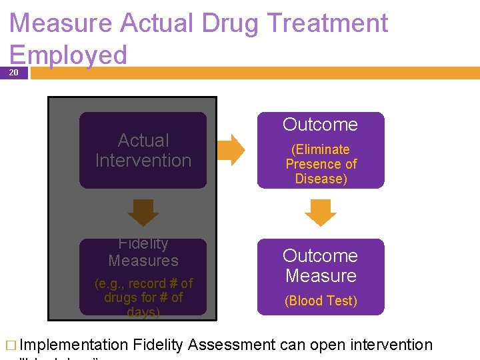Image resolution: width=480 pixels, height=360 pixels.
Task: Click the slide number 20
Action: pyautogui.click(x=14, y=73)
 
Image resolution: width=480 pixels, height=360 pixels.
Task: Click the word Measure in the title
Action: pyautogui.click(x=61, y=23)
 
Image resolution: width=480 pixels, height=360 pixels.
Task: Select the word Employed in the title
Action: pyautogui.click(x=69, y=55)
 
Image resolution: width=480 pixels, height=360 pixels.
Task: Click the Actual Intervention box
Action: pyautogui.click(x=143, y=151)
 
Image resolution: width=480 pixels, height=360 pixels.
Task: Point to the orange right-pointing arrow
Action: pyautogui.click(x=232, y=150)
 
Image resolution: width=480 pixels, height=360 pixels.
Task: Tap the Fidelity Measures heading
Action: pyautogui.click(x=143, y=253)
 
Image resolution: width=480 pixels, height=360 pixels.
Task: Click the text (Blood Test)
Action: pyautogui.click(x=321, y=301)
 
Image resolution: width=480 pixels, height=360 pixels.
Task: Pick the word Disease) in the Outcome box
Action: pyautogui.click(x=321, y=179)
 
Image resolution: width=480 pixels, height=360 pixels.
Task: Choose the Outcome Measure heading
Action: pyautogui.click(x=321, y=265)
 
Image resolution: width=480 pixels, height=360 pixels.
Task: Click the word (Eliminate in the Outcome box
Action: pyautogui.click(x=321, y=149)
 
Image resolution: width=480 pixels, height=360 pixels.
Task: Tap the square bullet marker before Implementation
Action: pyautogui.click(x=10, y=345)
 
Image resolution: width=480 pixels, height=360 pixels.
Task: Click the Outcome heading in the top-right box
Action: pyautogui.click(x=321, y=125)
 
